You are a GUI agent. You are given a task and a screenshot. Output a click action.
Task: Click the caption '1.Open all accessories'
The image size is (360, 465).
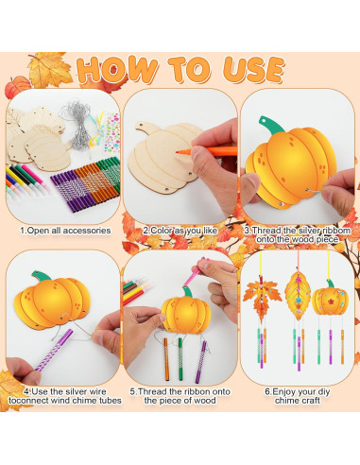click(64, 230)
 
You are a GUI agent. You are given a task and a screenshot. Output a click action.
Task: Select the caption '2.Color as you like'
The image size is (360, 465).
click(179, 230)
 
